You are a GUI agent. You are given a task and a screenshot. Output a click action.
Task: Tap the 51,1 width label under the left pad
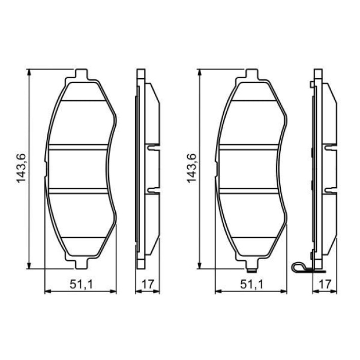tap(80, 283)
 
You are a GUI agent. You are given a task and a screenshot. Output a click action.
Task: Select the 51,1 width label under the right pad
tap(250, 283)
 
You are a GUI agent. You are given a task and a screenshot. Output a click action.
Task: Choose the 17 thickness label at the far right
tap(324, 283)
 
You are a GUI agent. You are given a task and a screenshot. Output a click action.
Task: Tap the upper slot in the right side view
tap(330, 148)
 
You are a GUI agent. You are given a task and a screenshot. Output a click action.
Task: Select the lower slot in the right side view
tap(330, 190)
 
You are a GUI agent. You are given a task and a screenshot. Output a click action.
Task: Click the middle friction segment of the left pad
tap(80, 169)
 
